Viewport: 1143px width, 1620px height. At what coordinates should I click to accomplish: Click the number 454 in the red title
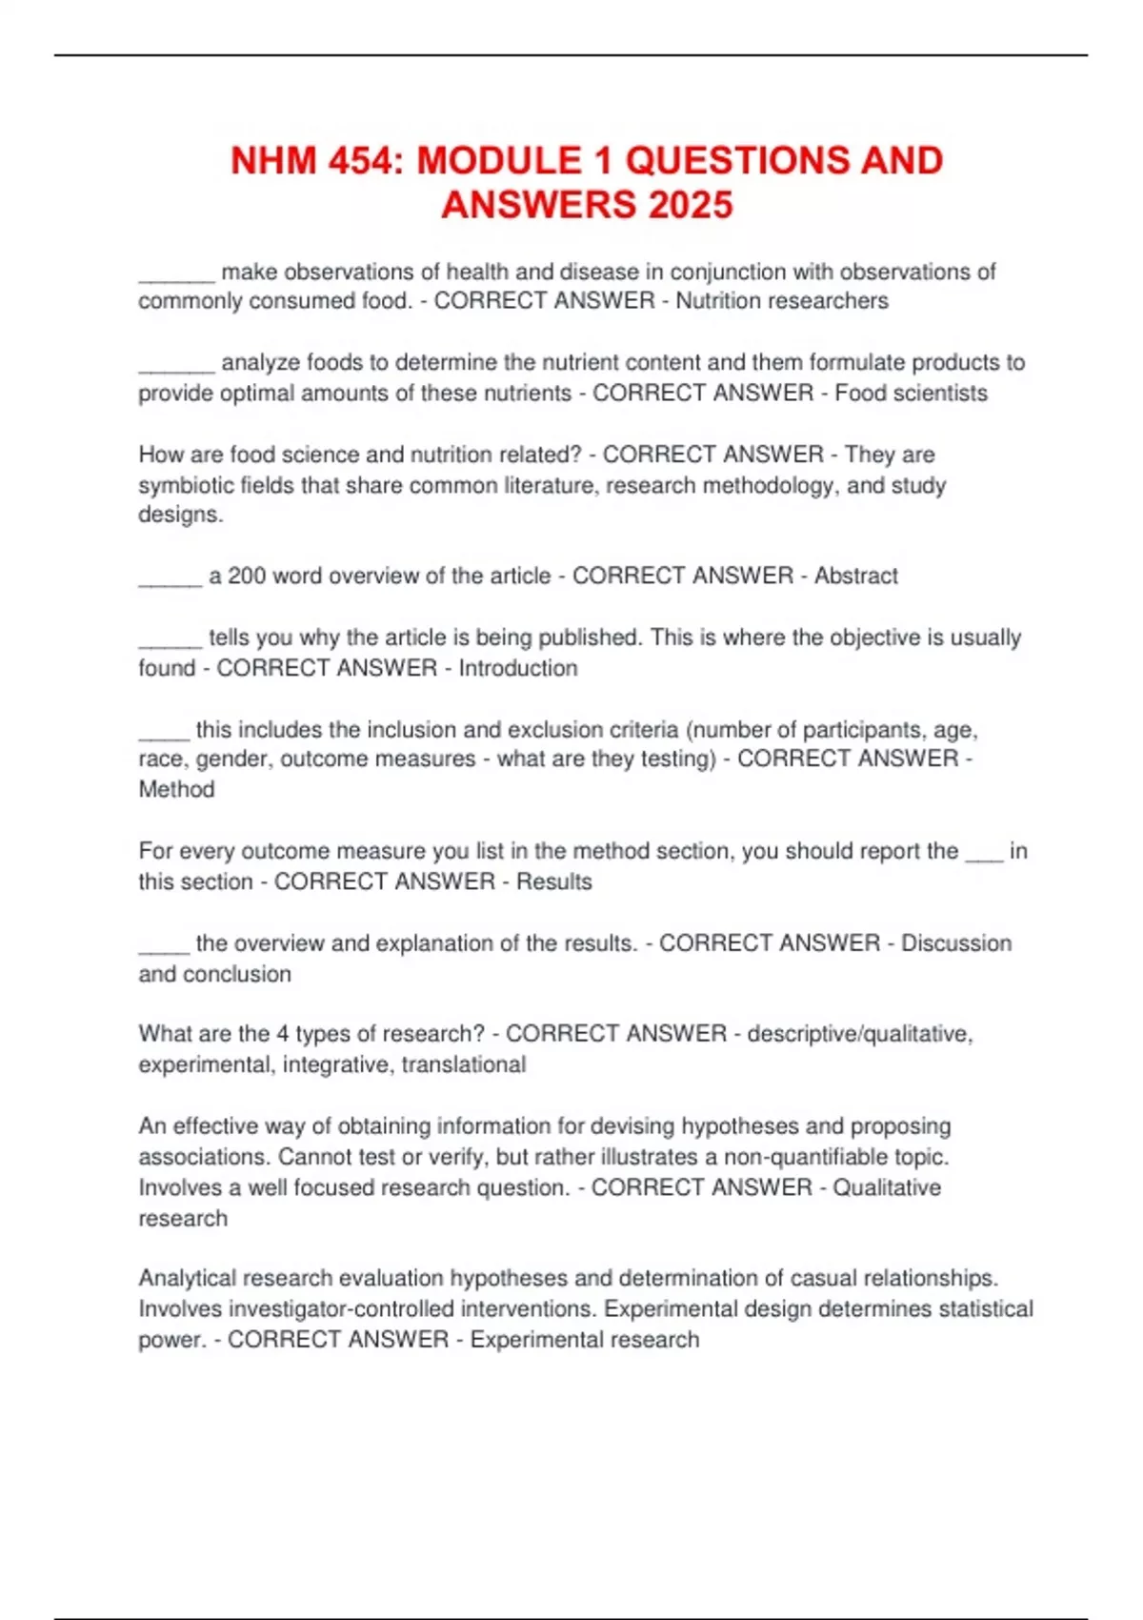click(357, 160)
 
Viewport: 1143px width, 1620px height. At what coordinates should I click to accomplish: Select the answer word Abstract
click(855, 576)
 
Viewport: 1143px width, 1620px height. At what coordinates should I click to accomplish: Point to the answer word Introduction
click(518, 668)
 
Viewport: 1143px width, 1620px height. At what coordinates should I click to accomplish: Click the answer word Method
click(176, 789)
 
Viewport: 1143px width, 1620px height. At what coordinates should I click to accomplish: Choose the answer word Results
click(553, 881)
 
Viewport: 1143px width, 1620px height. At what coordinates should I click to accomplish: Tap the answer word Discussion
click(956, 942)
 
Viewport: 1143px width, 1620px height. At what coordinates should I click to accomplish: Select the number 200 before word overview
click(247, 576)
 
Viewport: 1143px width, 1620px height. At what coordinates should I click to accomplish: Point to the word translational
click(463, 1064)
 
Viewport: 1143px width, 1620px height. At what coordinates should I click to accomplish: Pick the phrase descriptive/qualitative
click(859, 1034)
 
